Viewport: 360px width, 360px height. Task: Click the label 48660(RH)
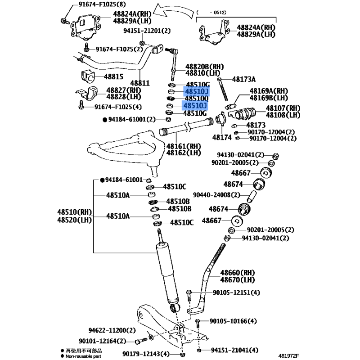point(237,273)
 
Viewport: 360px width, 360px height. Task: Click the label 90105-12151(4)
point(236,293)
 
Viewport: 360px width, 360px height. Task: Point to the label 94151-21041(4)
point(234,350)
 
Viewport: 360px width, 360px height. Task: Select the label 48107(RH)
point(283,108)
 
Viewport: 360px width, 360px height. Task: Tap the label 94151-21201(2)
point(147,31)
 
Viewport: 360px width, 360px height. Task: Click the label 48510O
point(197,99)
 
